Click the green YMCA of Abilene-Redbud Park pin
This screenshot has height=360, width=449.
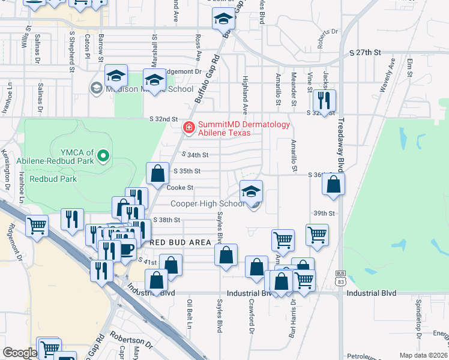point(103,157)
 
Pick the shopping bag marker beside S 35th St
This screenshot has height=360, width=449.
point(157,173)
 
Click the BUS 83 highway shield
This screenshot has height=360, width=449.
point(340,278)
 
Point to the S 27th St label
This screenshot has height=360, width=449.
point(365,53)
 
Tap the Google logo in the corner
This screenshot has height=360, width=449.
point(19,353)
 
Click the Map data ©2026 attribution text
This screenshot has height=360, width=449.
point(424,355)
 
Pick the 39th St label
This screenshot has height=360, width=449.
point(323,213)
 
